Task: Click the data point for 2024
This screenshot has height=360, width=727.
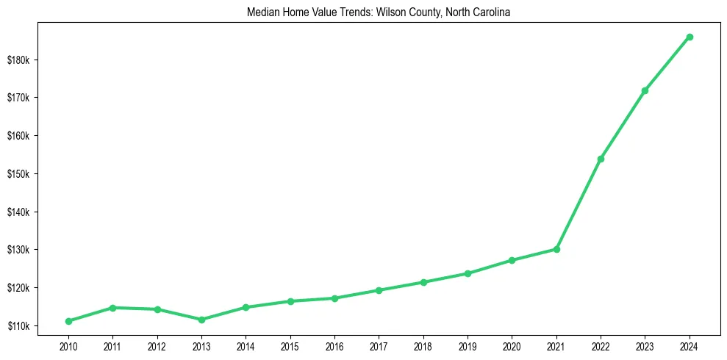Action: click(x=690, y=37)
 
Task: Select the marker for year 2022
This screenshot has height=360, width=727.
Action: click(x=601, y=159)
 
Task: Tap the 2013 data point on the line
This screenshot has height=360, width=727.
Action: click(x=201, y=320)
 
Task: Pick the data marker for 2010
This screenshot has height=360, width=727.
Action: click(x=68, y=321)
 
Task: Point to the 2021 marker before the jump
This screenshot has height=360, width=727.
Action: click(x=556, y=249)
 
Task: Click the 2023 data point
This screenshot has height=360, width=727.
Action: click(x=645, y=90)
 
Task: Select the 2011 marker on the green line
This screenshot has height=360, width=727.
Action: click(x=112, y=308)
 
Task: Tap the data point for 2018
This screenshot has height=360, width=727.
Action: click(x=423, y=282)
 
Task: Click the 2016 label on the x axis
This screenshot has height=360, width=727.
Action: click(x=334, y=345)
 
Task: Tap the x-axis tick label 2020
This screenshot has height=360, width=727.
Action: click(x=512, y=345)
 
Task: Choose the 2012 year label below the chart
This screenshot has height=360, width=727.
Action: click(x=157, y=345)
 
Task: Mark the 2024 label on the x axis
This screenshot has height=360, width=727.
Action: click(x=690, y=345)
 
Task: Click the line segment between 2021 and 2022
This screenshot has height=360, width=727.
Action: click(x=579, y=204)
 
